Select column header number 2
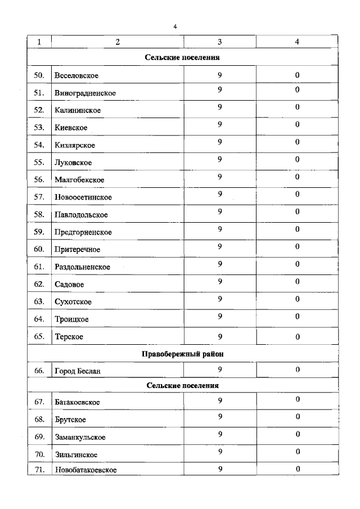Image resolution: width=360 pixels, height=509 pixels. [x=118, y=42]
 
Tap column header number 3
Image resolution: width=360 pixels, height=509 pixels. [x=220, y=42]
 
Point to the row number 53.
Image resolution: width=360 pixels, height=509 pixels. [x=39, y=128]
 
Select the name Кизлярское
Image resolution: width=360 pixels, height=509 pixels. [x=75, y=145]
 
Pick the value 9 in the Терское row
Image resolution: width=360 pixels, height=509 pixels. [x=220, y=336]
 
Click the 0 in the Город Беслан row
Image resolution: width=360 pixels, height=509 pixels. [x=298, y=370]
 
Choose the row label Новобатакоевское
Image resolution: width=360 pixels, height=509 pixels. [x=85, y=470]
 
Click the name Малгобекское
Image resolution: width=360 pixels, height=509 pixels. [x=79, y=180]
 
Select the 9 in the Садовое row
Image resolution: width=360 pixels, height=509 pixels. [x=220, y=282]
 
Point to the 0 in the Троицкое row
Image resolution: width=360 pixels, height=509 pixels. [x=298, y=316]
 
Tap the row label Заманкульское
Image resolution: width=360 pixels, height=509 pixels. [x=80, y=437]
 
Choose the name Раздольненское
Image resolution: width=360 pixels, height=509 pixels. [x=82, y=267]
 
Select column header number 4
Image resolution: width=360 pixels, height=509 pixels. [x=298, y=42]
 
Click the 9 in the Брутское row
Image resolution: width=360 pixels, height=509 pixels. [x=220, y=417]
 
